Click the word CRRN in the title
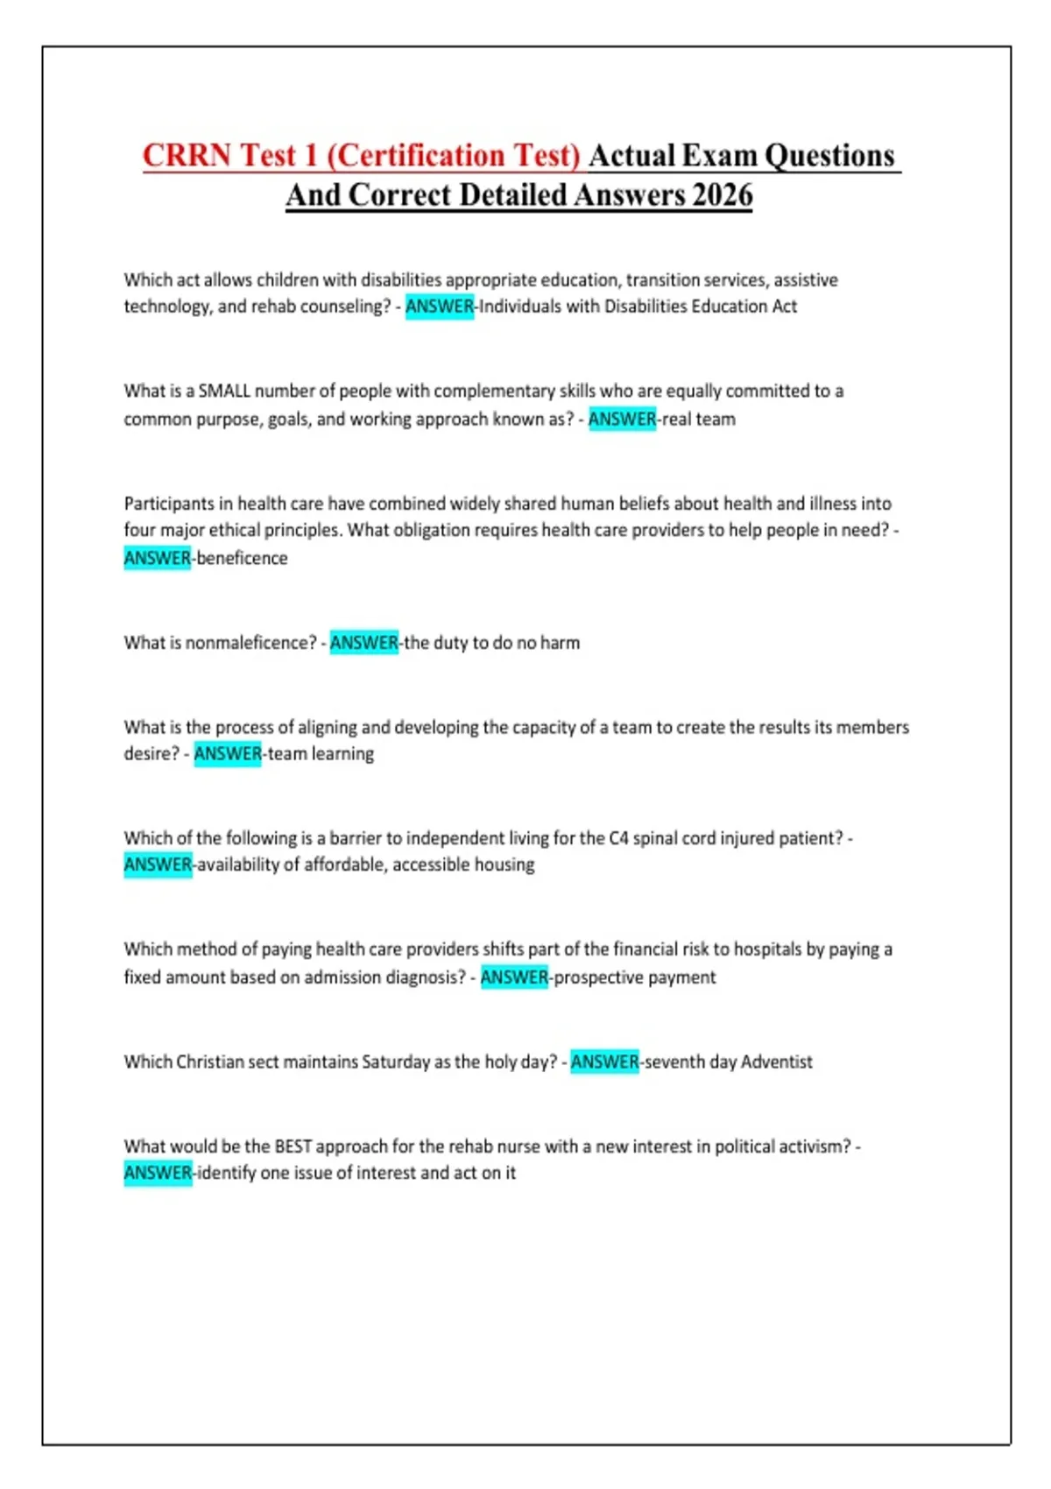click(x=187, y=156)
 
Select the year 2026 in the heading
click(x=722, y=195)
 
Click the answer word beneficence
click(x=243, y=558)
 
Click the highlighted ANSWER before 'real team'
click(x=622, y=419)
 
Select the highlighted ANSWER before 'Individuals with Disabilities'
click(x=439, y=307)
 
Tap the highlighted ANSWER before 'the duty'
click(x=363, y=643)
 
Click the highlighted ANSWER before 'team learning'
click(x=228, y=754)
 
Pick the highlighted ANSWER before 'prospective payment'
click(x=514, y=977)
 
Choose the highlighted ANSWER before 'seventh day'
click(x=604, y=1062)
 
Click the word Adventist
click(x=777, y=1062)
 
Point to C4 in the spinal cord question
click(x=618, y=838)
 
